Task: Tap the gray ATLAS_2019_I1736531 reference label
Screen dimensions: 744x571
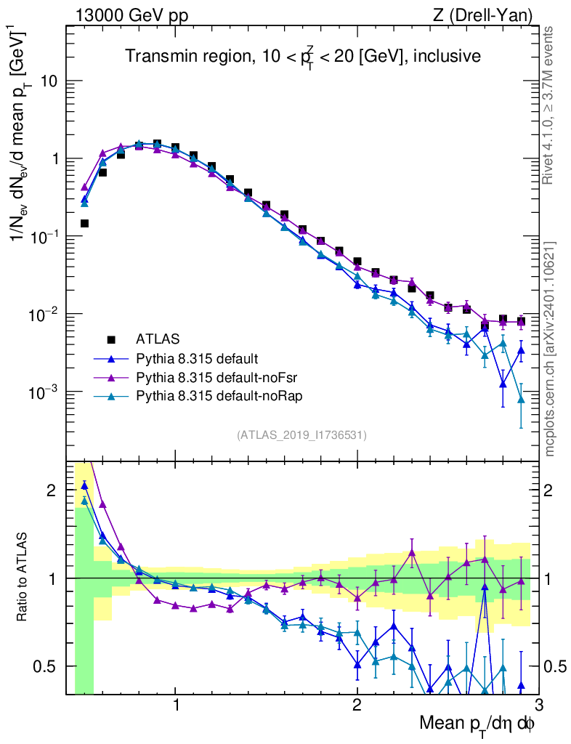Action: pyautogui.click(x=301, y=435)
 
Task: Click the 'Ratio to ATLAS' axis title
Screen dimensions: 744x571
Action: pyautogui.click(x=24, y=577)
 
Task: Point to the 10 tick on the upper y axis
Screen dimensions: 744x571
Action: pyautogui.click(x=49, y=81)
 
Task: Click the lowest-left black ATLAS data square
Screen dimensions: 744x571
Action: pyautogui.click(x=84, y=223)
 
